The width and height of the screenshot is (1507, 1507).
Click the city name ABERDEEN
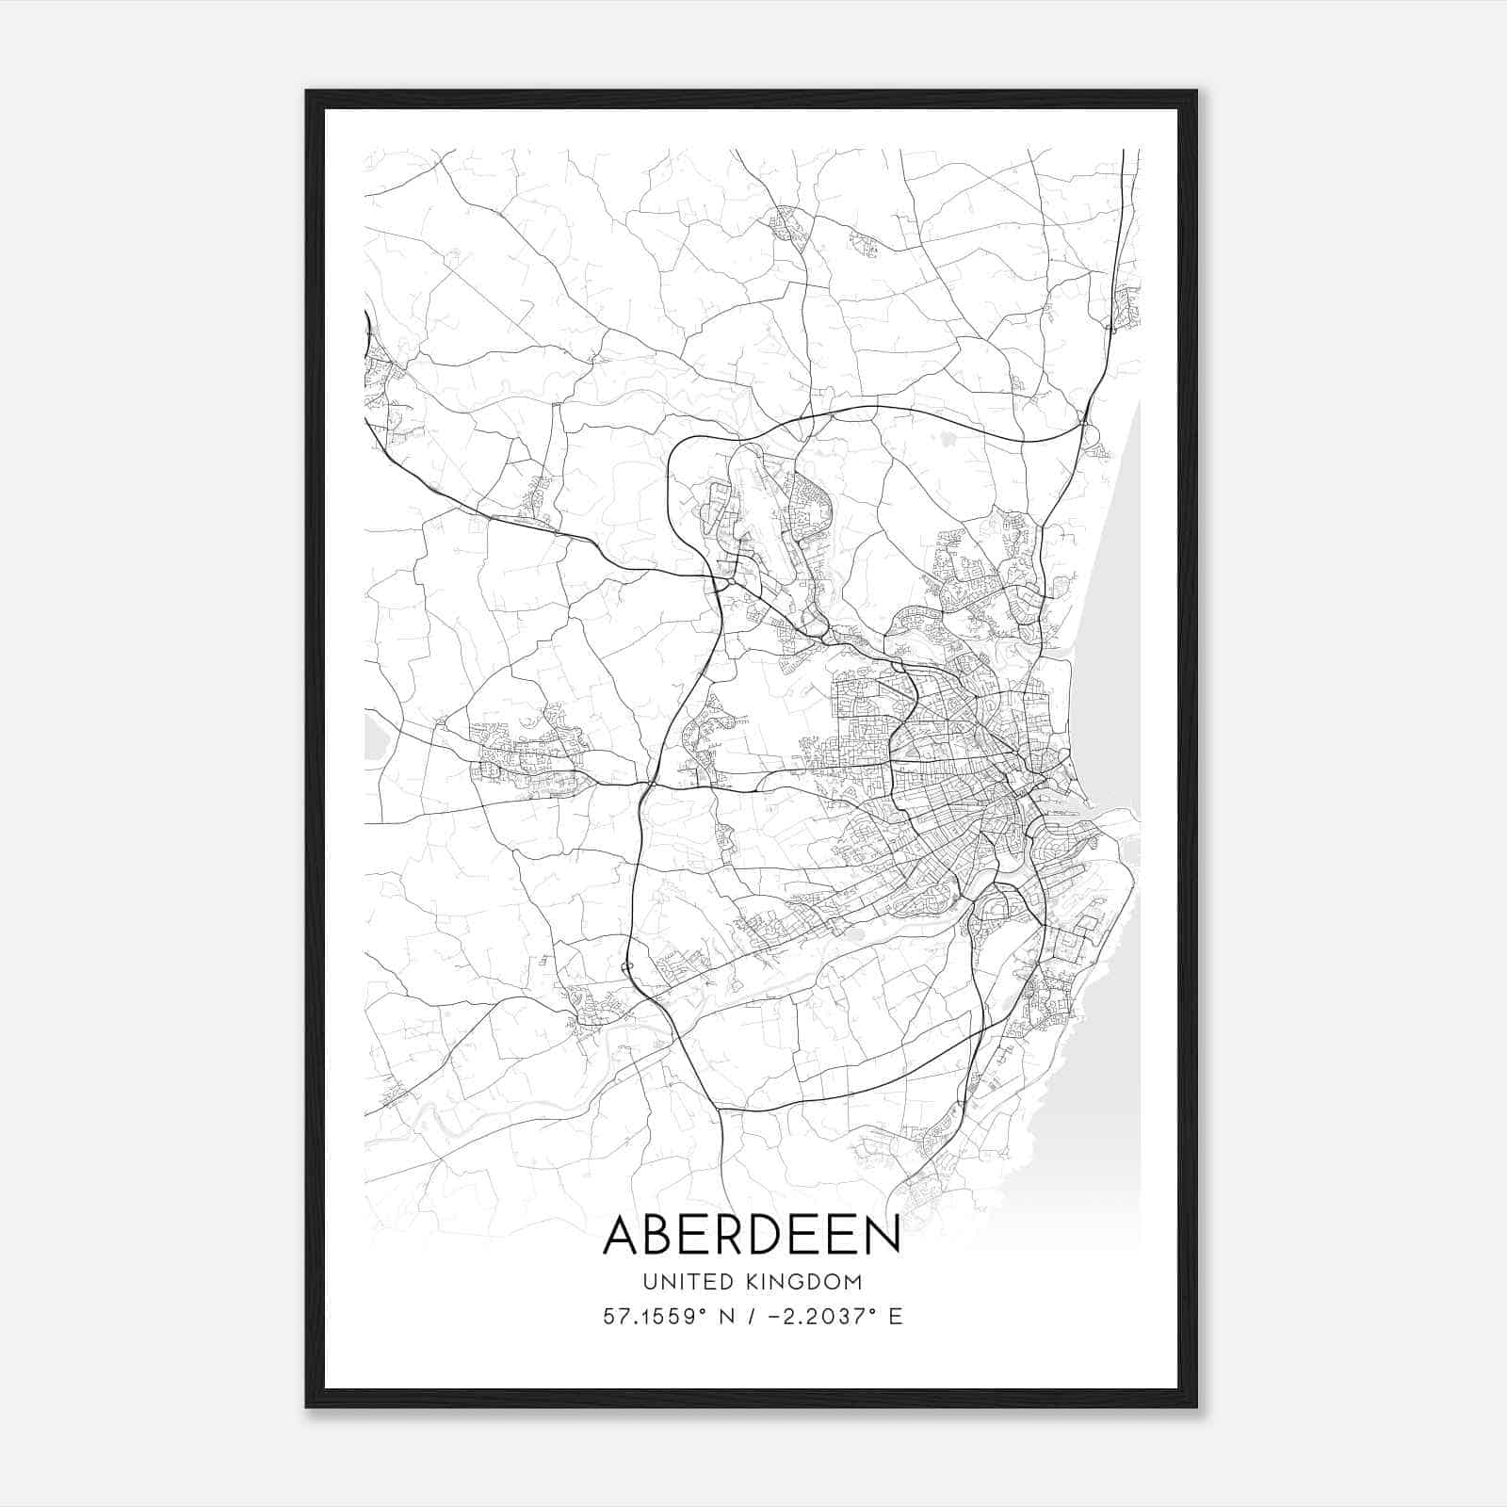[752, 1235]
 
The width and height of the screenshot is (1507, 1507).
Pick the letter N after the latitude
[724, 1317]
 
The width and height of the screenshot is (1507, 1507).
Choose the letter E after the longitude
[895, 1317]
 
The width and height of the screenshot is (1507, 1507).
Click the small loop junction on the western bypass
[628, 969]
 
